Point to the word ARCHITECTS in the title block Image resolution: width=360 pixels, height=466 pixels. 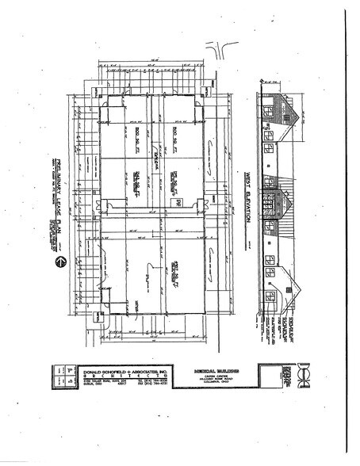[111, 376]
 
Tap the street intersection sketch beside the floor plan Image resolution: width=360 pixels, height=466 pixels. [220, 51]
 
